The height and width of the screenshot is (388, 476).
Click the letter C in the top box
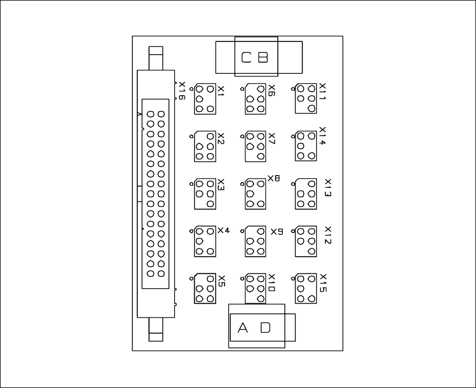coord(246,57)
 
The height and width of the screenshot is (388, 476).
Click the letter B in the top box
coord(263,57)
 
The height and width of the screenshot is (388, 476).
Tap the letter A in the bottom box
coord(243,328)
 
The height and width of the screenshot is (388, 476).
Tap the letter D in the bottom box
coord(265,328)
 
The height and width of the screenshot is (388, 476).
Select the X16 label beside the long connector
coord(181,91)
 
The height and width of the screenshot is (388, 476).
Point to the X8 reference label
coord(273,179)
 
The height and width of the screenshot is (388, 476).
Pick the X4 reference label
coord(223,230)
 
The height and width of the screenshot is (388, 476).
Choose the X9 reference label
coord(277,231)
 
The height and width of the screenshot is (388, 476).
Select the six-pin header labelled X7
coord(255,146)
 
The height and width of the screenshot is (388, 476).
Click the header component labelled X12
coord(306,241)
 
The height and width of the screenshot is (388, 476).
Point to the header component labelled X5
coord(205,288)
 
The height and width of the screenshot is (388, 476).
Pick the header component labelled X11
coord(306,98)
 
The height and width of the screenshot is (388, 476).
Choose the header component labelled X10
coord(255,288)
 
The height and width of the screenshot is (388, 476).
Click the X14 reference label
coord(323,136)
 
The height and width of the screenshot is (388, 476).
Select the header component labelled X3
coord(205,193)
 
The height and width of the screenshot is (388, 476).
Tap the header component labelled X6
coord(255,98)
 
